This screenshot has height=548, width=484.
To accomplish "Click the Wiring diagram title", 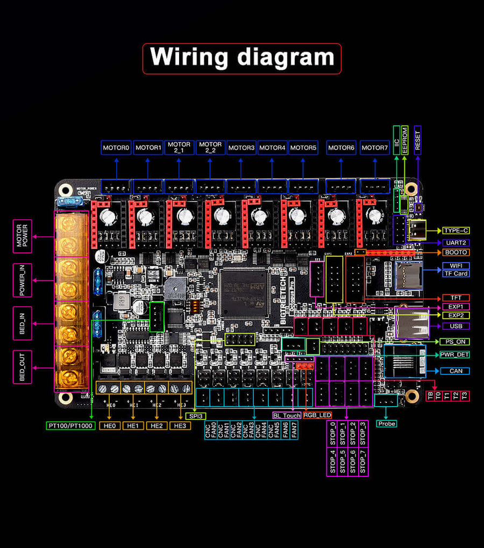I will pos(241,58).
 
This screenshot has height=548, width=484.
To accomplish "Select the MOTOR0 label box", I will pos(117,148).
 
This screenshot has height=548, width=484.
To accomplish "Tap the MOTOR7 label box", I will pos(374,148).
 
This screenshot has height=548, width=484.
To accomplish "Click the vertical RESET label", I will pos(417,141).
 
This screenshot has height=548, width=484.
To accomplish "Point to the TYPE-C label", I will pos(456,230).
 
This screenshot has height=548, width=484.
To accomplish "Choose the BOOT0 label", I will pos(456,252).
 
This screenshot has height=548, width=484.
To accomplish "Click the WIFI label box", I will pos(456,265).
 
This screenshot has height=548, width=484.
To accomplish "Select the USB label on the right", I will pos(456,326).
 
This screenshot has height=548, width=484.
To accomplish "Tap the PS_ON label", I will pos(454,342).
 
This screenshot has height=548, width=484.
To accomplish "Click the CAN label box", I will pos(456,371).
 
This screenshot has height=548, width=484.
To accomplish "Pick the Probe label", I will pos(386,424).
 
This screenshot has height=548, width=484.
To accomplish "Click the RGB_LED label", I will pos(317,415).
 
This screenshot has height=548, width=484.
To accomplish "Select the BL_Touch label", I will pos(287,415).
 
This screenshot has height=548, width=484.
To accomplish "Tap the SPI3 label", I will pos(196,415).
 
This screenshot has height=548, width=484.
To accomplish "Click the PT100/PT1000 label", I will pos(70,426).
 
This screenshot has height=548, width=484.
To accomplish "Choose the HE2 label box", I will pos(156,426).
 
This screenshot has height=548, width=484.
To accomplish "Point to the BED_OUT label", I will pos(23,367).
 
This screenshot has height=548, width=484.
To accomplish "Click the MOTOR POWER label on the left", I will pos(23,236).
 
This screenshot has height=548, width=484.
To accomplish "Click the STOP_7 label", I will pos(363,462).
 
